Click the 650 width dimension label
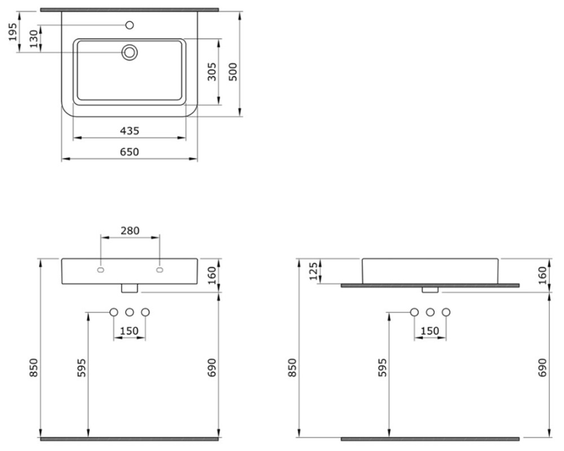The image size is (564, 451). tap(130, 152)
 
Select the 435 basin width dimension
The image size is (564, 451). tap(130, 131)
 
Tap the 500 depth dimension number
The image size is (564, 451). tap(233, 72)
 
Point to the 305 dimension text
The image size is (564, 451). tap(212, 72)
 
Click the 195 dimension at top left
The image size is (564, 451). tap(13, 32)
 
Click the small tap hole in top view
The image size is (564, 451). tap(130, 25)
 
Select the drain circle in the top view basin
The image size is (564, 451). tap(130, 53)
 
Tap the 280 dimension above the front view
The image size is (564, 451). tap(130, 230)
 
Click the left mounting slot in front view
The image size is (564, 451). tap(100, 270)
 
